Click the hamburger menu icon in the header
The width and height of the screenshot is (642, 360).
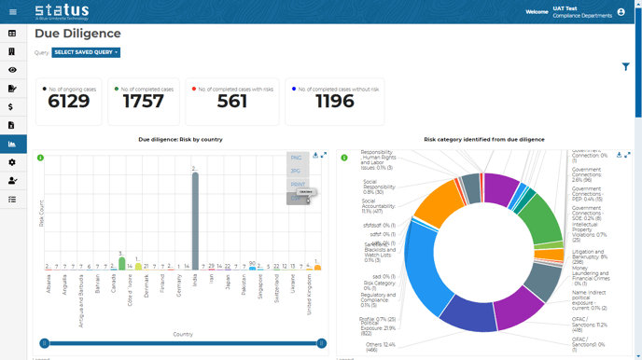click(x=12, y=12)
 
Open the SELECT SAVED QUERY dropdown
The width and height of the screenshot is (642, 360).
click(x=86, y=53)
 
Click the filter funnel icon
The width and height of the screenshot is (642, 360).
click(x=625, y=67)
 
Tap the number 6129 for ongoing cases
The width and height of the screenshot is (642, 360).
click(x=69, y=102)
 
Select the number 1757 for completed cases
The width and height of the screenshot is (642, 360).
click(x=144, y=102)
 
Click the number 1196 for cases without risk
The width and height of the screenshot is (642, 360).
click(x=334, y=102)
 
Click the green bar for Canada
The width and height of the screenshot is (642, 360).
click(x=122, y=264)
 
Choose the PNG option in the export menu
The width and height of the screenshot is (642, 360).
click(x=297, y=159)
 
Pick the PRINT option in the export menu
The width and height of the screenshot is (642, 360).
click(x=298, y=185)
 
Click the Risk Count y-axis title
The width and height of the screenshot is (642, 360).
click(x=41, y=214)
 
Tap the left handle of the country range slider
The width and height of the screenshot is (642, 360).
click(x=45, y=343)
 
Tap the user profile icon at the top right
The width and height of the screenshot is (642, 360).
click(x=621, y=12)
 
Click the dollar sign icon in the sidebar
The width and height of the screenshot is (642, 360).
click(x=12, y=107)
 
